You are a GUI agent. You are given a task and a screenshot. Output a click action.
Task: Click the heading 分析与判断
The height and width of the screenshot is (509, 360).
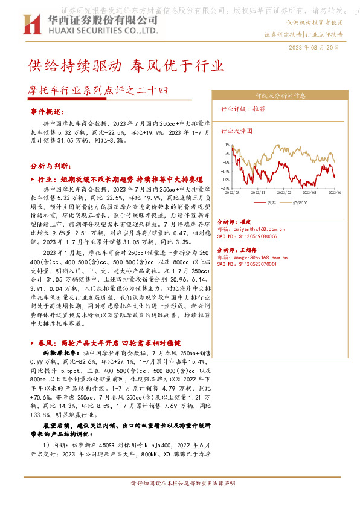click(50, 165)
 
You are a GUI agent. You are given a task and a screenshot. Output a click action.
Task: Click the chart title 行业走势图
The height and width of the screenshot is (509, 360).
click(237, 130)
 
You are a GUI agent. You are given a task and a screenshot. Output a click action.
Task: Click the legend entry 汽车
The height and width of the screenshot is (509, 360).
click(270, 203)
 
